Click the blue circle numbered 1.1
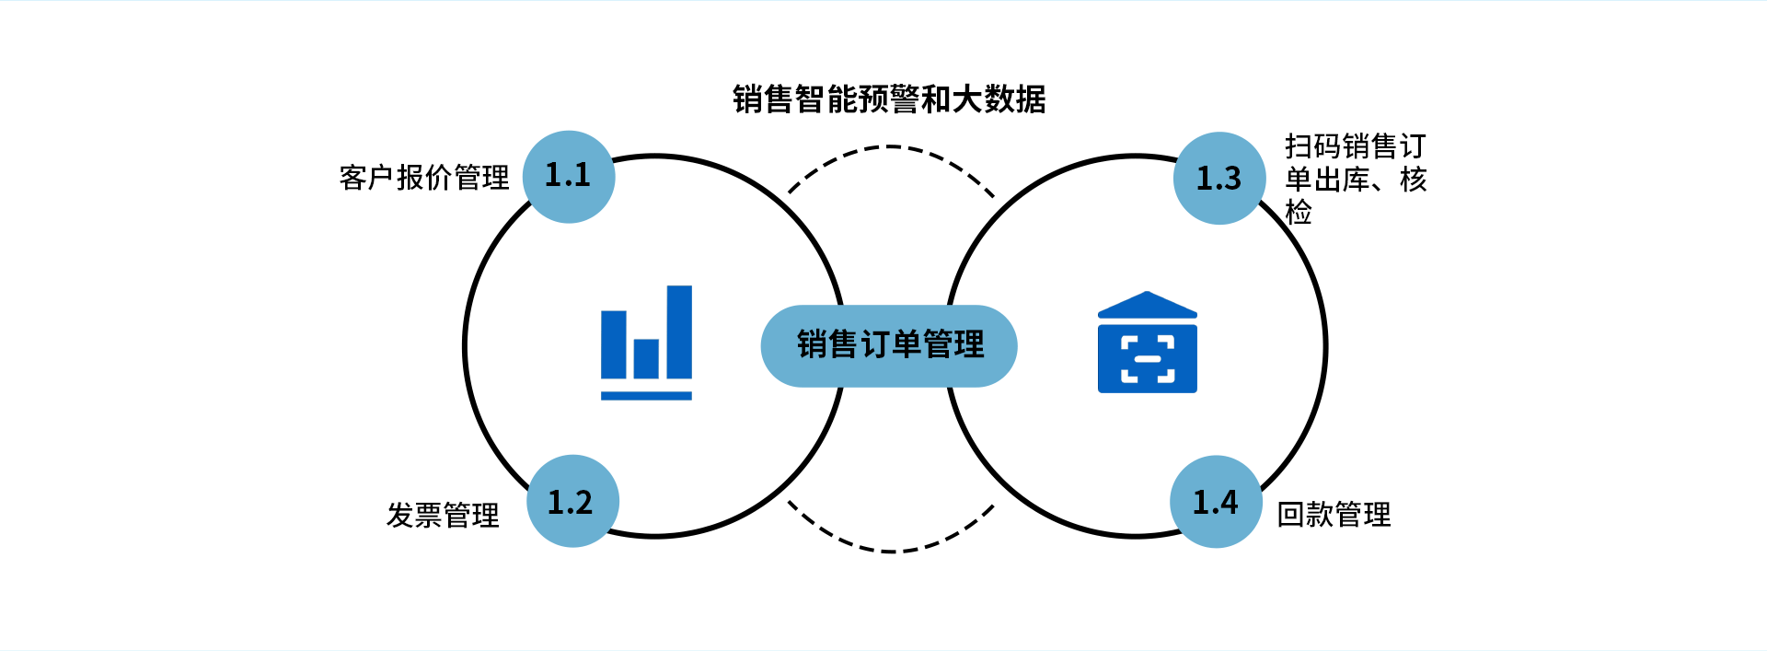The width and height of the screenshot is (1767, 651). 569,177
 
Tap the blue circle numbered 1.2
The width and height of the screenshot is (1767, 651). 572,501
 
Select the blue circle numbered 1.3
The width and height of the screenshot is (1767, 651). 1219,178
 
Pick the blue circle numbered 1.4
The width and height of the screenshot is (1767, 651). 1216,502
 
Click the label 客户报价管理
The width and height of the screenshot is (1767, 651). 424,177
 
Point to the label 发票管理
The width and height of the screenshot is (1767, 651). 443,515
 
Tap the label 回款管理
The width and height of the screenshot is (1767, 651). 1334,514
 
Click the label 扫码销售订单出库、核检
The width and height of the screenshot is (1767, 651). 1356,179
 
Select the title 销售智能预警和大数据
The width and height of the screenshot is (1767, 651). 889,99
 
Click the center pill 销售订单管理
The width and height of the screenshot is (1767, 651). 889,345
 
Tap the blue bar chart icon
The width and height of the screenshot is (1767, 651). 646,343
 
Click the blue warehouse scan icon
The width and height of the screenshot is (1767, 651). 1148,342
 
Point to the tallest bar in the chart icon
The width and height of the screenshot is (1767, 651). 679,331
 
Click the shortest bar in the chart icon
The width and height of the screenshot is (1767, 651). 646,358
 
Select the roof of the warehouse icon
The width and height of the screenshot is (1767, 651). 1148,305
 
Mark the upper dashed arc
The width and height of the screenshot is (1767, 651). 890,146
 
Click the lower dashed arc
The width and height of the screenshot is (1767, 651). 890,551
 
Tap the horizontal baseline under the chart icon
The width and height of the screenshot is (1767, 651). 646,396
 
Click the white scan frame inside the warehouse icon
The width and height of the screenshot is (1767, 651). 1148,359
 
